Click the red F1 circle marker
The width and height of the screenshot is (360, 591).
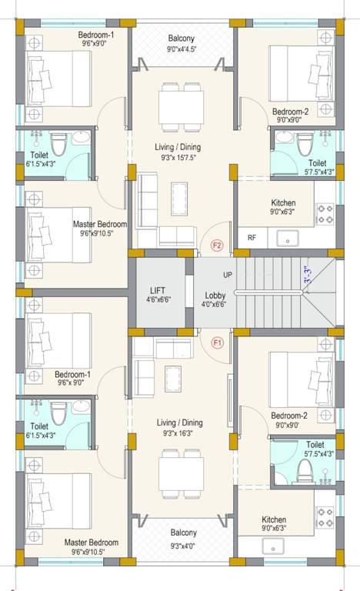point(218,343)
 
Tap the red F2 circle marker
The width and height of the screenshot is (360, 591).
point(218,246)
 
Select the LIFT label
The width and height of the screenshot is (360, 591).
point(157,291)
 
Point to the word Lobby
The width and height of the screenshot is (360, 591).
point(215,295)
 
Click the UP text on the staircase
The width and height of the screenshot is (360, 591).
point(228,275)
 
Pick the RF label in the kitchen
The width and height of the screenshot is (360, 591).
point(252,238)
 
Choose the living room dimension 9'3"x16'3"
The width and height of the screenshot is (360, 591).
point(182,435)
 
